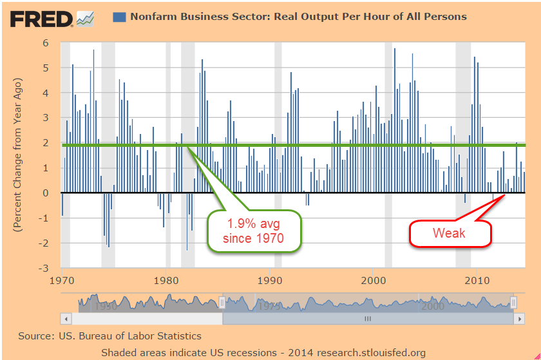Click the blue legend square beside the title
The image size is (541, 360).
tap(119, 16)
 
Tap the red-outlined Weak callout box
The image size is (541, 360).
tap(450, 233)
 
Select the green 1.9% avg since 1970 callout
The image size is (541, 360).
tap(254, 232)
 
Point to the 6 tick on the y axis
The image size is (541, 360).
tap(46, 43)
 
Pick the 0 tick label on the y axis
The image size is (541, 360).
tap(46, 193)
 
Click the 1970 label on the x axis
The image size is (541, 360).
tap(62, 281)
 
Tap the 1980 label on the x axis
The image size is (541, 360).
tap(166, 281)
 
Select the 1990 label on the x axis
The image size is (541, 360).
tap(270, 281)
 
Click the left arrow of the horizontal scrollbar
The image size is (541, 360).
tap(65, 319)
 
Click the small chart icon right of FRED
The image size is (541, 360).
tap(85, 19)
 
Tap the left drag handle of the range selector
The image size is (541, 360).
tap(223, 301)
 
